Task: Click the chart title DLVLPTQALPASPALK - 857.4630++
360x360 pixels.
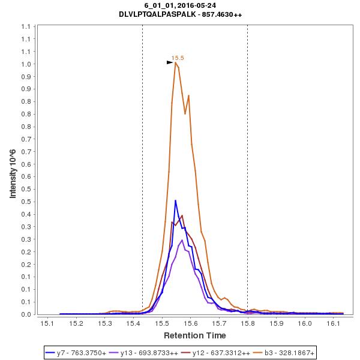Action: point(180,14)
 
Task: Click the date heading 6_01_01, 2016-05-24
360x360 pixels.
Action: point(180,5)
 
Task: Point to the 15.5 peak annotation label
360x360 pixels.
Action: point(178,58)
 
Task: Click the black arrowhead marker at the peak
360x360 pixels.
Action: point(170,62)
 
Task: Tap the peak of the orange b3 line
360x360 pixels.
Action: point(175,62)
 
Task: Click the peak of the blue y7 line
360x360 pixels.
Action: point(175,200)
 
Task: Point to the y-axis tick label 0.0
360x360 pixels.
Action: point(26,314)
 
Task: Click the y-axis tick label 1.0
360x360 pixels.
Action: point(26,64)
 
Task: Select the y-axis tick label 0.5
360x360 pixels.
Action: point(26,189)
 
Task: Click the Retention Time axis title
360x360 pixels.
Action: point(195,335)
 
